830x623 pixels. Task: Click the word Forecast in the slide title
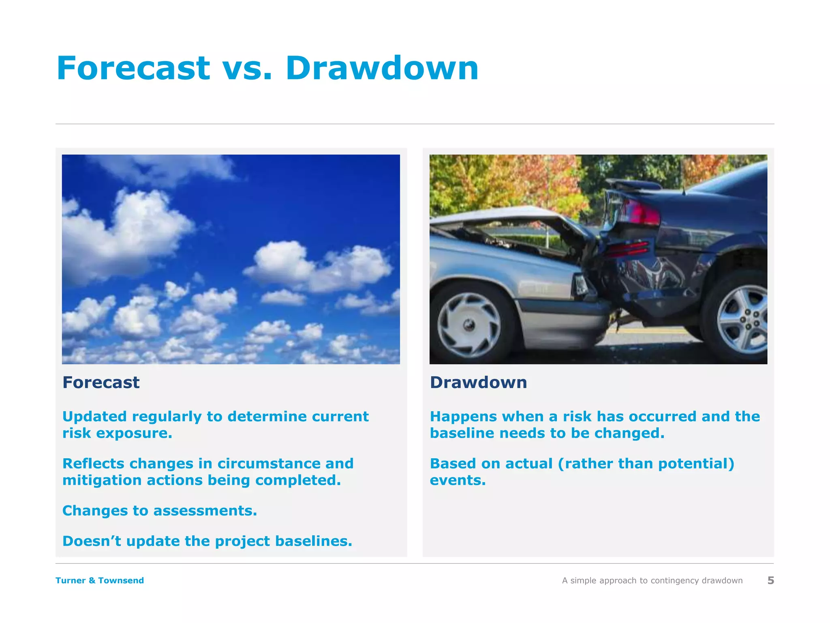click(133, 68)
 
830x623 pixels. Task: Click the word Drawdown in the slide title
click(382, 68)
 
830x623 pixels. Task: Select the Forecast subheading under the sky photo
click(101, 382)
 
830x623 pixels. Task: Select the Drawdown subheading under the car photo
click(478, 382)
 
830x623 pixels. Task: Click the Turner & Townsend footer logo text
click(100, 580)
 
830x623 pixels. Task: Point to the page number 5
click(770, 580)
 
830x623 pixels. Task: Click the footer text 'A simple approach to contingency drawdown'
click(652, 580)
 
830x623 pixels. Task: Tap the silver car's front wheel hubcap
click(469, 324)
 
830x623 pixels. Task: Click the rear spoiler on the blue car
click(636, 185)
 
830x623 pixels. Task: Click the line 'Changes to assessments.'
click(160, 511)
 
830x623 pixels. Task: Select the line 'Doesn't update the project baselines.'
click(207, 541)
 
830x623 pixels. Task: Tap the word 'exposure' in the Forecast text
click(133, 434)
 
